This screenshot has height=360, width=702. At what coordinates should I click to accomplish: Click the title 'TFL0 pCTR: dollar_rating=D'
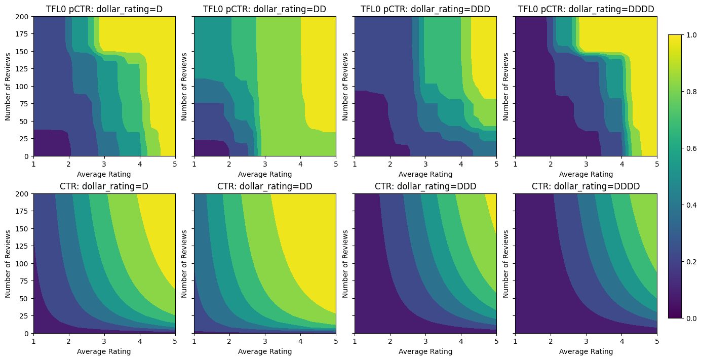tap(104, 9)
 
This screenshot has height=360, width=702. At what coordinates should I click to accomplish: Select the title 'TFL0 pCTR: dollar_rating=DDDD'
tap(586, 9)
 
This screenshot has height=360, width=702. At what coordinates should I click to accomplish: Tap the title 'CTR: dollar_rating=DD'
tap(265, 186)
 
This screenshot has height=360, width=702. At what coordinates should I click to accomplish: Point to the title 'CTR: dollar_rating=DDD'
tap(425, 186)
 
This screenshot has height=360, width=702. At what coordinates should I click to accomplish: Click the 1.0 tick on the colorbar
tap(691, 35)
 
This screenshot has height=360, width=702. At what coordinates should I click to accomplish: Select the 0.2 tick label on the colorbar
tap(691, 262)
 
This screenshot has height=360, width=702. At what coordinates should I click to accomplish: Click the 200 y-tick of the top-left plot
tap(24, 17)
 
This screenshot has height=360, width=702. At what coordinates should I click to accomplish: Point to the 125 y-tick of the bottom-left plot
tap(24, 246)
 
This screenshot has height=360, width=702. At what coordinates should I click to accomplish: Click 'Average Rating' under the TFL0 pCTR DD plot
tap(265, 174)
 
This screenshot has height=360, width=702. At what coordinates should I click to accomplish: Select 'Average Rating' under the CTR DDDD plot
tap(586, 351)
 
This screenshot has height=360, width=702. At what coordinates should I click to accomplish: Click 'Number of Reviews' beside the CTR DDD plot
tap(345, 263)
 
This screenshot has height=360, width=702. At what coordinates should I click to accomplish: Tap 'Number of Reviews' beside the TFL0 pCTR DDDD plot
tap(505, 86)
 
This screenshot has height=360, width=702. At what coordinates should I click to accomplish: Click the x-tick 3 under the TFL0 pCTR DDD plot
tap(425, 164)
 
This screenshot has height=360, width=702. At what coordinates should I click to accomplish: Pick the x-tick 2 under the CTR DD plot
tap(229, 341)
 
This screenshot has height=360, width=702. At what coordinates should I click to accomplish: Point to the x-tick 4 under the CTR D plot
tap(140, 341)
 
